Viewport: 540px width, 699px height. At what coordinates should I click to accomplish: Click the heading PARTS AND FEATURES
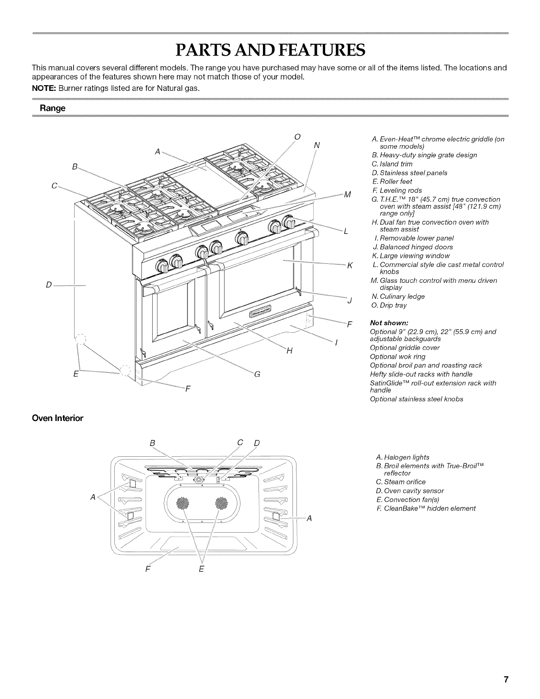point(270,50)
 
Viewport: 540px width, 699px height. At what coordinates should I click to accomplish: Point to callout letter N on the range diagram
point(316,145)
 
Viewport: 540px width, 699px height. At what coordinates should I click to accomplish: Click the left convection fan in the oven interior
point(182,504)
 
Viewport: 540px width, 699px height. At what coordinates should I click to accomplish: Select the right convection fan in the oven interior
point(221,504)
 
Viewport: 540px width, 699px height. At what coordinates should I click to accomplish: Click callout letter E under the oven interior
point(201,568)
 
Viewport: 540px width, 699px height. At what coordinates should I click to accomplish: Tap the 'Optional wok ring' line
point(391,356)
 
